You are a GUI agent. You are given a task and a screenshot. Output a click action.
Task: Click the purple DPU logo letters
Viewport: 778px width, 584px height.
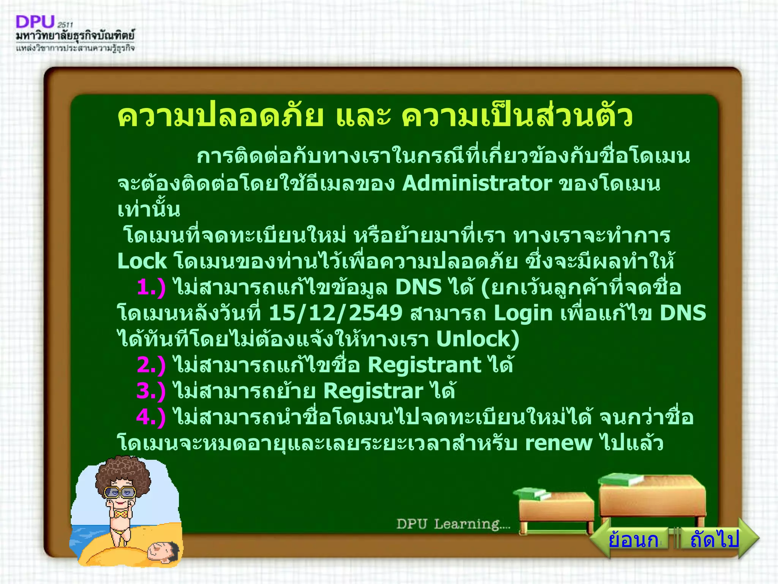[35, 22]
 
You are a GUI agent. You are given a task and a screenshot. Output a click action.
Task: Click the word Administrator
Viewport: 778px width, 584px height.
[477, 184]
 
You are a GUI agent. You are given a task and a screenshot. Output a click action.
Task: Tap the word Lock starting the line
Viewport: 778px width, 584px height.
[142, 262]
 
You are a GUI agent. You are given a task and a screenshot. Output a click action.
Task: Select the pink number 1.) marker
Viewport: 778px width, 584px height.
[151, 287]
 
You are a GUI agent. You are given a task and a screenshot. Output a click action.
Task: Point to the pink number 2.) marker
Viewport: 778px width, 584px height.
[151, 365]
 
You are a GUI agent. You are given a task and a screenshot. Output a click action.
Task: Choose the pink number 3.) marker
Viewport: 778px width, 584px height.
[151, 391]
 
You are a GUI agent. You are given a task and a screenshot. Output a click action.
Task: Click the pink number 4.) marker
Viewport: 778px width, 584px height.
[151, 417]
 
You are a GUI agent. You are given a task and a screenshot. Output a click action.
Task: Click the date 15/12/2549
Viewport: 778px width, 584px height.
[335, 313]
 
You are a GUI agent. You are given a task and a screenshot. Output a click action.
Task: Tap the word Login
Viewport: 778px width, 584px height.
[523, 313]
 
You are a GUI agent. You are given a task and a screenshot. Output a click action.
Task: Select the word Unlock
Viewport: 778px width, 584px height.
[477, 339]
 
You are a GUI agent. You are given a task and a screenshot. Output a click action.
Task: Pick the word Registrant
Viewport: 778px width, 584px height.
[424, 365]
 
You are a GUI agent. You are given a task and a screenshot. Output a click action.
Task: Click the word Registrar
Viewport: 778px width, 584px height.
[373, 391]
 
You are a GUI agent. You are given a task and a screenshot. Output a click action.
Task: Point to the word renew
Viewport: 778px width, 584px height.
[558, 443]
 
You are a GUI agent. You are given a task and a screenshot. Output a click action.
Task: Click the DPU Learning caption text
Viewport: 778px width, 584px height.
[453, 524]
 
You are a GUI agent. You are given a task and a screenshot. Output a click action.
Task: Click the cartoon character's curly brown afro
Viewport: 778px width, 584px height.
[122, 473]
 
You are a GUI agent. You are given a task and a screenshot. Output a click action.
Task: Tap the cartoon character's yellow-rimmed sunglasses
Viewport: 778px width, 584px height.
[120, 492]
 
